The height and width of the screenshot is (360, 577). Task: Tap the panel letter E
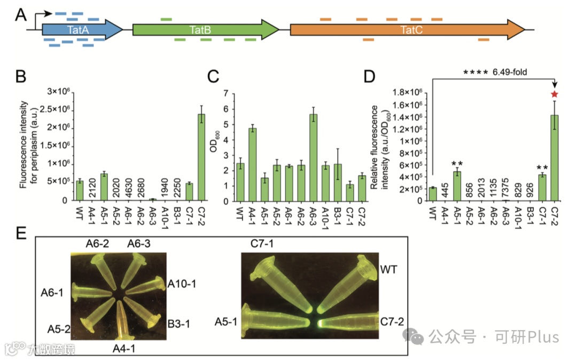point(21,236)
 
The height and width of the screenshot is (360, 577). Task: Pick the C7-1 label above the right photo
point(262,244)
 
